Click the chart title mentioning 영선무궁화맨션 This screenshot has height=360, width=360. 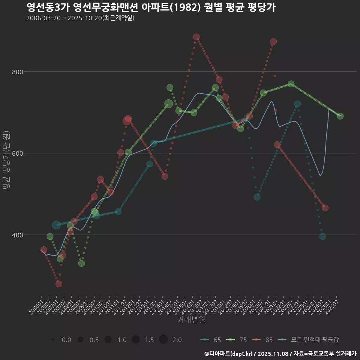point(151,7)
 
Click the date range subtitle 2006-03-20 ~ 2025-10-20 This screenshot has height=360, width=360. point(80,18)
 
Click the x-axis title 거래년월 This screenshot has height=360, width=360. point(191,320)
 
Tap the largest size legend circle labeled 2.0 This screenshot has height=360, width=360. point(163,340)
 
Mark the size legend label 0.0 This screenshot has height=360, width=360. point(66,340)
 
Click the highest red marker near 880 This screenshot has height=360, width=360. point(196,37)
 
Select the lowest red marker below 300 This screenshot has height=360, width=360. point(59,284)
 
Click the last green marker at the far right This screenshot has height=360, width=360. point(340,116)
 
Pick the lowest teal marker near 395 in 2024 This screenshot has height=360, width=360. point(322,236)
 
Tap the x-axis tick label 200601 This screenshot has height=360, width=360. point(36,304)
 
